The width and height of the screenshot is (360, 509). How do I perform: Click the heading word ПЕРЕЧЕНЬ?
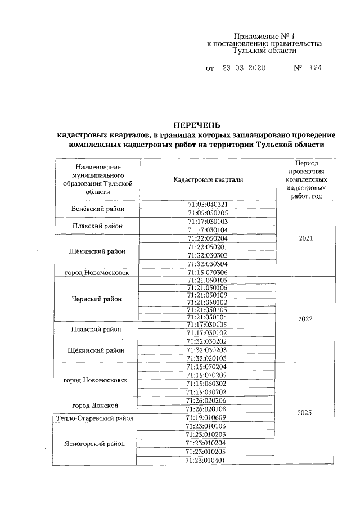pyautogui.click(x=196, y=124)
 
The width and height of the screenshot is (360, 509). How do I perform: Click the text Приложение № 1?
pyautogui.click(x=263, y=35)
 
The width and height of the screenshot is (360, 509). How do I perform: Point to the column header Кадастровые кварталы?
pyautogui.click(x=208, y=179)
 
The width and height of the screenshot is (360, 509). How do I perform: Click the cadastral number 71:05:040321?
pyautogui.click(x=208, y=204)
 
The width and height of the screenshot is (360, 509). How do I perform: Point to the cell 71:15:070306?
pyautogui.click(x=208, y=272)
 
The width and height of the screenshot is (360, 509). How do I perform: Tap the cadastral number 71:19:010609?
pyautogui.click(x=208, y=418)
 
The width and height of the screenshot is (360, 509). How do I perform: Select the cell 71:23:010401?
pyautogui.click(x=208, y=461)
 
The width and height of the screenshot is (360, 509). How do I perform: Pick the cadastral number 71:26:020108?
pyautogui.click(x=208, y=409)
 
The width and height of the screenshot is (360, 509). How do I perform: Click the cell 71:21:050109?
pyautogui.click(x=208, y=295)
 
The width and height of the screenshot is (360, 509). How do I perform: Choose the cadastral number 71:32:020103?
pyautogui.click(x=208, y=358)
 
